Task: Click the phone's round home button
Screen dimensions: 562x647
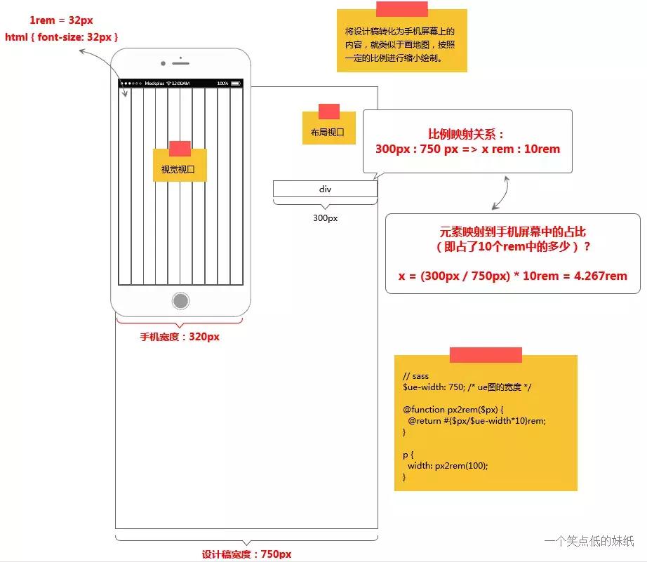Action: [180, 302]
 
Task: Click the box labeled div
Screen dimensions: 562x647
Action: [325, 189]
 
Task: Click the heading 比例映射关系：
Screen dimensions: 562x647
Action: [467, 134]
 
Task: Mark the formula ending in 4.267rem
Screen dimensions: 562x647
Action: [513, 276]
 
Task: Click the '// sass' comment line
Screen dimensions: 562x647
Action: [415, 376]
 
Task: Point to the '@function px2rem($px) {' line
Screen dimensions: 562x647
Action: [453, 409]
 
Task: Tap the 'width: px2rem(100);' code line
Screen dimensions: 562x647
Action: [447, 465]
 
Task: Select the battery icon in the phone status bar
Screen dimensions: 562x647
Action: [236, 83]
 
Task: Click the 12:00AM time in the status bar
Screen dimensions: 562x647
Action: [180, 83]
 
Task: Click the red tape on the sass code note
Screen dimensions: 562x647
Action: [486, 355]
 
